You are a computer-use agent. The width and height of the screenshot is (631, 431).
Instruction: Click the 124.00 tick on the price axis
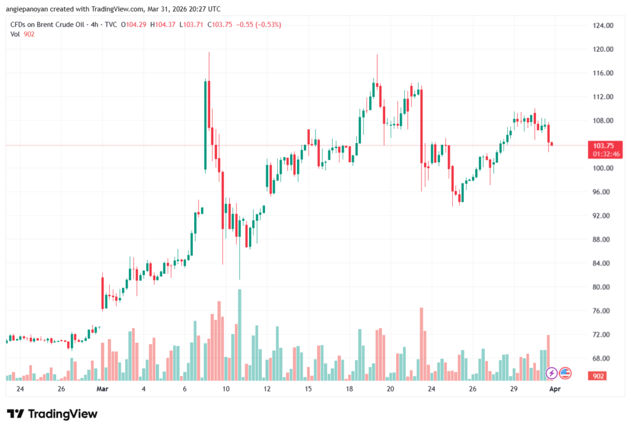pyautogui.click(x=601, y=25)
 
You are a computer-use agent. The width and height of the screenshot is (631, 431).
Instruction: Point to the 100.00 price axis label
pyautogui.click(x=601, y=168)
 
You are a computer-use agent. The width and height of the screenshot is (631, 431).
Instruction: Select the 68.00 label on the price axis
pyautogui.click(x=601, y=358)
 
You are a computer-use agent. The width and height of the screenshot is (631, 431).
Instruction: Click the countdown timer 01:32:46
pyautogui.click(x=601, y=153)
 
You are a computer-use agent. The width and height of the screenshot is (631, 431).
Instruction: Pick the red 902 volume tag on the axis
pyautogui.click(x=598, y=376)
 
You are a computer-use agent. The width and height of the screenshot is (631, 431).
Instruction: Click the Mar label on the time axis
pyautogui.click(x=102, y=389)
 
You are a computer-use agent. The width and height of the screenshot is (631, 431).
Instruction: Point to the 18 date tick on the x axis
pyautogui.click(x=349, y=389)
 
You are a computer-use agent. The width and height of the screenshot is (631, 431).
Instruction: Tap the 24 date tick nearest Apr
pyautogui.click(x=431, y=389)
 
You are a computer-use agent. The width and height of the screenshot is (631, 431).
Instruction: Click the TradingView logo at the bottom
pyautogui.click(x=52, y=414)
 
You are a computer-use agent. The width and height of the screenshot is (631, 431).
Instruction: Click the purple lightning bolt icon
pyautogui.click(x=552, y=373)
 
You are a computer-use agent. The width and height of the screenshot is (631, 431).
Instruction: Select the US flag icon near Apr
pyautogui.click(x=565, y=373)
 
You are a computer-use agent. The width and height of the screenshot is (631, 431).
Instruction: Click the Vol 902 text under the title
pyautogui.click(x=22, y=34)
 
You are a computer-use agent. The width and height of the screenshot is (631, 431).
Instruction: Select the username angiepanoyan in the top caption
pyautogui.click(x=28, y=9)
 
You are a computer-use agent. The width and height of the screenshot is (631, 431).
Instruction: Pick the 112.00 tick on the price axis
pyautogui.click(x=601, y=97)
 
